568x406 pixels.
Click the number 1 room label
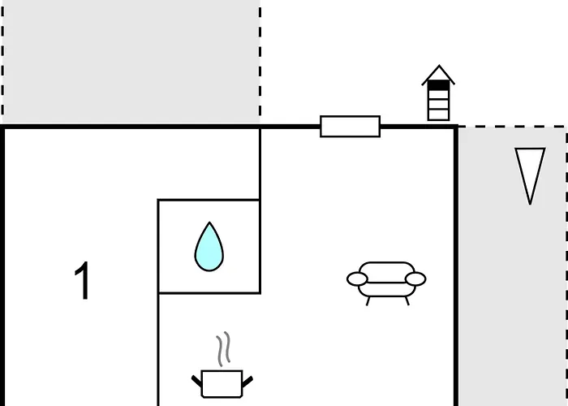tap(82, 280)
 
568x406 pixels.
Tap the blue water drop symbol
tap(209, 248)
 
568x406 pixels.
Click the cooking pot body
tap(222, 384)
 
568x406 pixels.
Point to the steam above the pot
tap(224, 348)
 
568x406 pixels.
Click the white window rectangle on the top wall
tap(351, 127)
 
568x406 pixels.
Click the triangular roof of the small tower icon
tap(438, 75)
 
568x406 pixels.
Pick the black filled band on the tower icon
tap(439, 85)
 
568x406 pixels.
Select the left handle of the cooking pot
tap(196, 381)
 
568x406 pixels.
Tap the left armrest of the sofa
tap(357, 279)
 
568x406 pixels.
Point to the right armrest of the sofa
tap(415, 279)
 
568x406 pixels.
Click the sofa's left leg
tap(368, 301)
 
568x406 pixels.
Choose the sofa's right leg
tap(407, 301)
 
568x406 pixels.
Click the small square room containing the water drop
tap(209, 246)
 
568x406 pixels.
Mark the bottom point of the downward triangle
tap(530, 205)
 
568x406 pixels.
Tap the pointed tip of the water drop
tap(209, 222)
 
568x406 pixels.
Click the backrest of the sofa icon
tap(386, 271)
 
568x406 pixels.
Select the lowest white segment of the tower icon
tap(439, 114)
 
